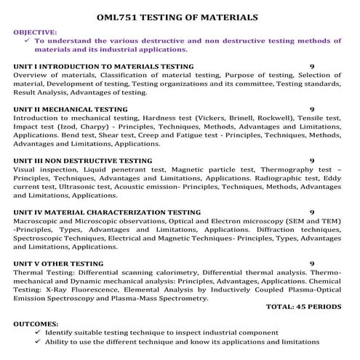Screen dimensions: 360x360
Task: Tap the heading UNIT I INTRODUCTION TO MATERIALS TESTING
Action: click(x=103, y=66)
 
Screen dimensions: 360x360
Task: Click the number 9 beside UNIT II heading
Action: click(x=312, y=109)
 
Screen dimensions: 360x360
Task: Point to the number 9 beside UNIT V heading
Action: click(x=312, y=263)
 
